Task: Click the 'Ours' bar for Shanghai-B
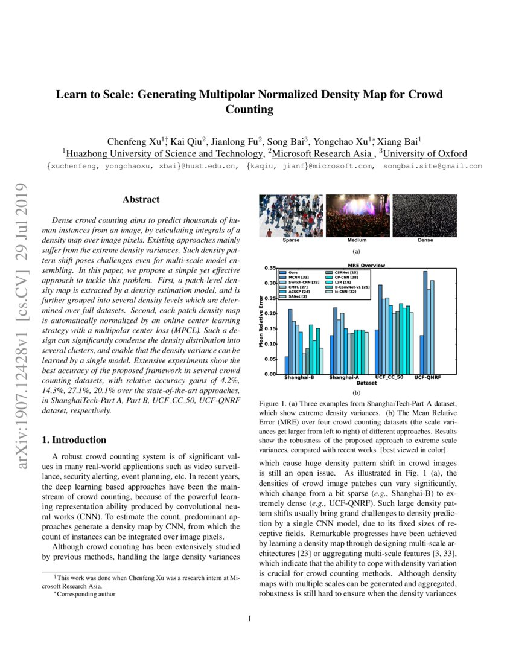(287, 365)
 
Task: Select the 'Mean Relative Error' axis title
(261, 320)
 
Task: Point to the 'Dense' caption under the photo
(425, 240)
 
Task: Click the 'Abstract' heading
(141, 199)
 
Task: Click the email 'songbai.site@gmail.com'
(432, 166)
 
